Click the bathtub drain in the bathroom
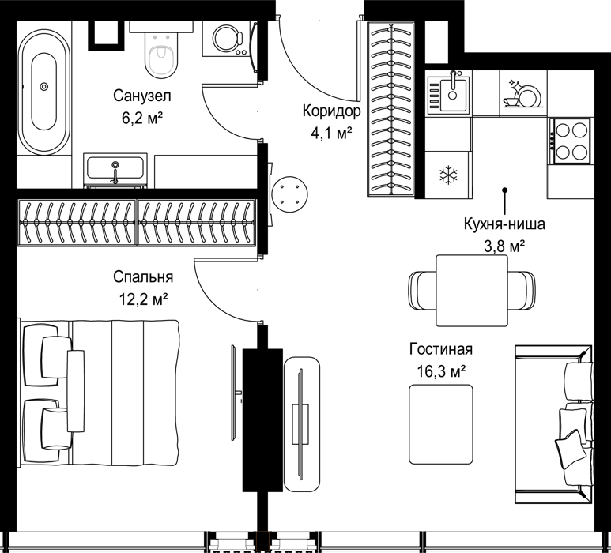(x=44, y=86)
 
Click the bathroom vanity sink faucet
(x=115, y=172)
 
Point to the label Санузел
(x=142, y=96)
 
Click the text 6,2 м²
(x=142, y=118)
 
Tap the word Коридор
(x=332, y=111)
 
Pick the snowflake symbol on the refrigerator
(x=448, y=175)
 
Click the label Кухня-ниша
(x=504, y=224)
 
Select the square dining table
(x=472, y=290)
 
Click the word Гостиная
(x=441, y=349)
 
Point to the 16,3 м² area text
(x=442, y=371)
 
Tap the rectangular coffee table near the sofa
(x=441, y=424)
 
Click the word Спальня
(x=143, y=276)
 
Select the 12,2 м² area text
(x=143, y=299)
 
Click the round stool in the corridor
(x=290, y=194)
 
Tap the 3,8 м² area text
(x=504, y=246)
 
